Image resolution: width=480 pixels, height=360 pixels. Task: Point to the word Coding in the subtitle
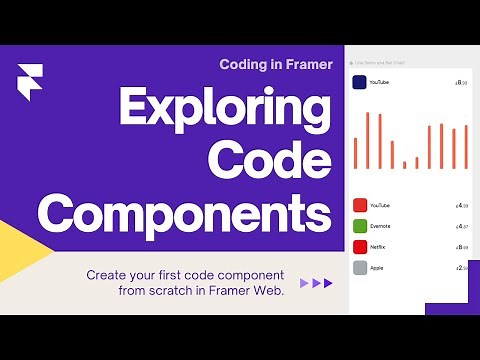tap(246, 64)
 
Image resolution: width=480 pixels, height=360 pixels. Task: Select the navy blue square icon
tap(359, 84)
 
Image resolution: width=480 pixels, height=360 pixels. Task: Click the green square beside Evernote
tap(359, 225)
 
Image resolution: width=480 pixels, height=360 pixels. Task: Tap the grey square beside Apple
tap(359, 267)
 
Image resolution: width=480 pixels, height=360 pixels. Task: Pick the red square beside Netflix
tap(359, 246)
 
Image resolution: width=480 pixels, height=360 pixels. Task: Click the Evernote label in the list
tap(380, 226)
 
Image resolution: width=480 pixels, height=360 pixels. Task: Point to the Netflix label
tap(379, 246)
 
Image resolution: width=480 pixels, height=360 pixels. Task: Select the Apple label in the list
tap(378, 267)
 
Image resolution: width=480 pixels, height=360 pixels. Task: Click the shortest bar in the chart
tap(405, 164)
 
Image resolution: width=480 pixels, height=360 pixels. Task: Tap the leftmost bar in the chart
tap(355, 152)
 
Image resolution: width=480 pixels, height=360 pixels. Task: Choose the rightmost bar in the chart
tap(466, 146)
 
